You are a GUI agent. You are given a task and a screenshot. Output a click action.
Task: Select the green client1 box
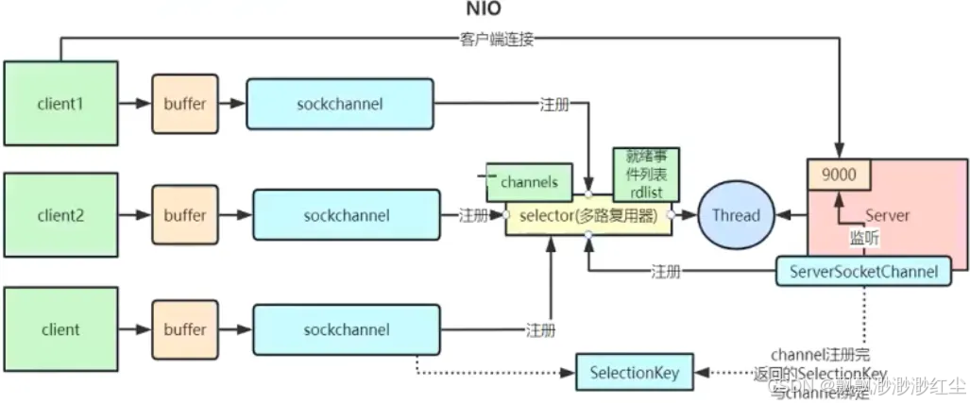click(x=61, y=104)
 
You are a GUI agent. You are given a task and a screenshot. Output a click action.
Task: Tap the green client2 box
click(x=61, y=215)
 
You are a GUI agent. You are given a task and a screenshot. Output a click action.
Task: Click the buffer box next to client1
click(x=184, y=104)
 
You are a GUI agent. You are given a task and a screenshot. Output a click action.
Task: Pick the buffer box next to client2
click(x=184, y=215)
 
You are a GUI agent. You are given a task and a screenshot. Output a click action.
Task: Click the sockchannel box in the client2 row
click(x=346, y=215)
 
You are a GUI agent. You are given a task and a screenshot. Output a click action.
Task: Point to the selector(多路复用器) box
click(x=587, y=216)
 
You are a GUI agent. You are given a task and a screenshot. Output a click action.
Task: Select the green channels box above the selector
click(x=530, y=181)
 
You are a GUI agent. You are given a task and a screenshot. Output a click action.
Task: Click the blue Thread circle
click(x=736, y=215)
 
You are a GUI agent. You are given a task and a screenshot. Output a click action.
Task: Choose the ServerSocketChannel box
click(x=862, y=272)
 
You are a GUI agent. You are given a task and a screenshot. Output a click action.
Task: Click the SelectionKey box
click(x=634, y=372)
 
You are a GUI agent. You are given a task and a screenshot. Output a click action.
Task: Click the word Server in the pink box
click(x=887, y=215)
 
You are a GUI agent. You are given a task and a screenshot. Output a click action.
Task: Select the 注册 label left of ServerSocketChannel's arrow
click(x=666, y=272)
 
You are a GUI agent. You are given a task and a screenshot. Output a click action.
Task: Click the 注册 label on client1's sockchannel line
click(x=553, y=104)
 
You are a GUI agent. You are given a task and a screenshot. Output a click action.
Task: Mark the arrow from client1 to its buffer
click(x=134, y=104)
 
